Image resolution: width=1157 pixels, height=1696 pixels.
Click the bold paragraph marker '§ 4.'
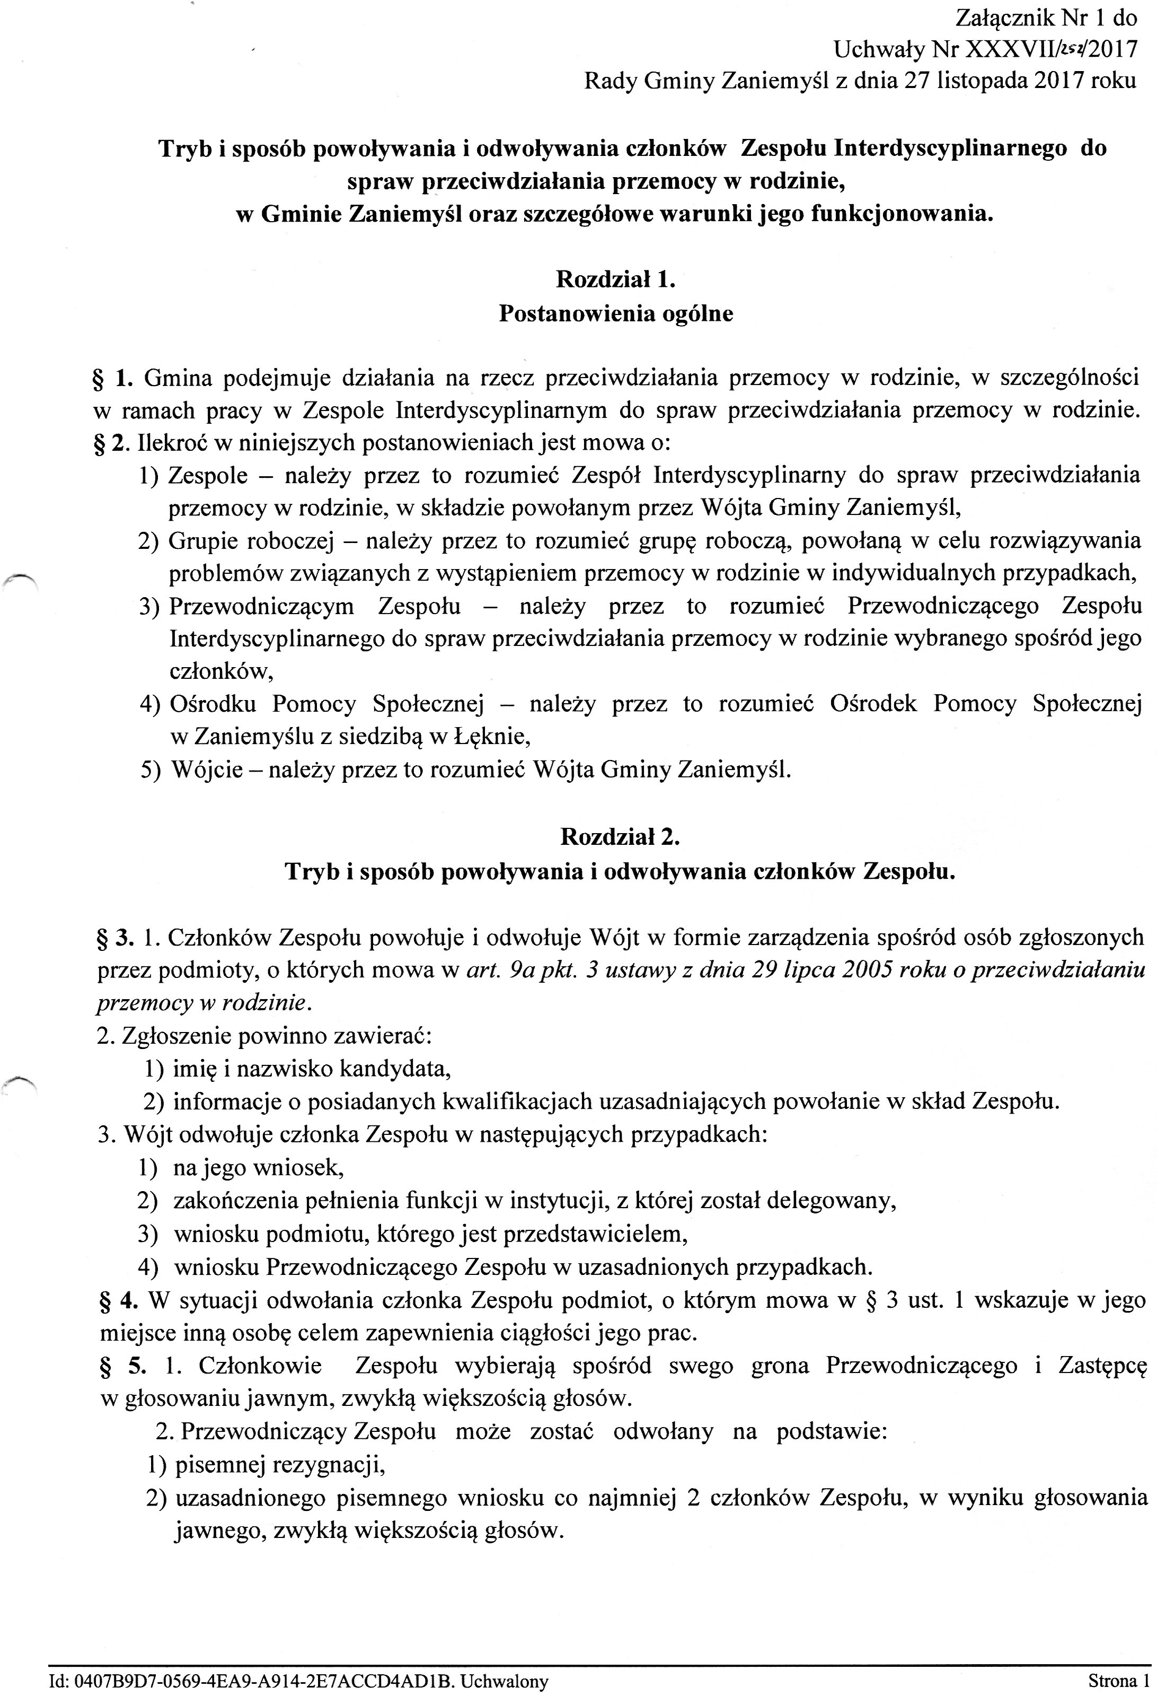point(118,1300)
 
